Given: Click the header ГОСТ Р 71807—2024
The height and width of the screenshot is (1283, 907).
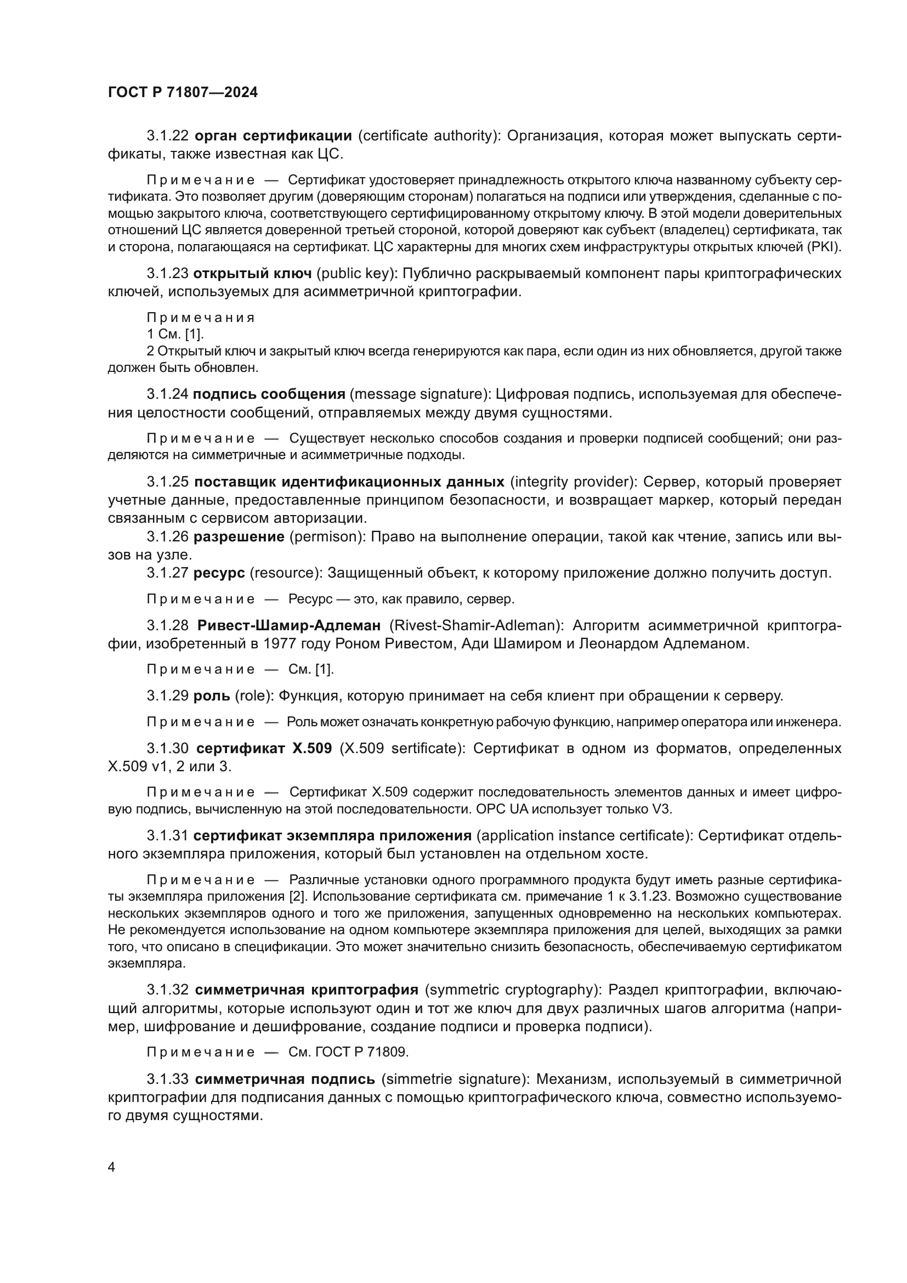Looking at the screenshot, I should tap(183, 93).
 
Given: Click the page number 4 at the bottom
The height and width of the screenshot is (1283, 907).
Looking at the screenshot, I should tap(111, 1167).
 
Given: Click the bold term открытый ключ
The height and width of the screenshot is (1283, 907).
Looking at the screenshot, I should tap(252, 273).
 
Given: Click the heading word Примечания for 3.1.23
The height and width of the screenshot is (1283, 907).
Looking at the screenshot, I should tap(201, 318).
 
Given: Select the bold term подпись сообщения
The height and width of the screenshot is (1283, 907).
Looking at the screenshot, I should tap(269, 394).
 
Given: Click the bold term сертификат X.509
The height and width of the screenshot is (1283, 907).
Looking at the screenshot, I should tap(264, 748).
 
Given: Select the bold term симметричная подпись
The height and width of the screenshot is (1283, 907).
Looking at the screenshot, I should tap(285, 1079).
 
